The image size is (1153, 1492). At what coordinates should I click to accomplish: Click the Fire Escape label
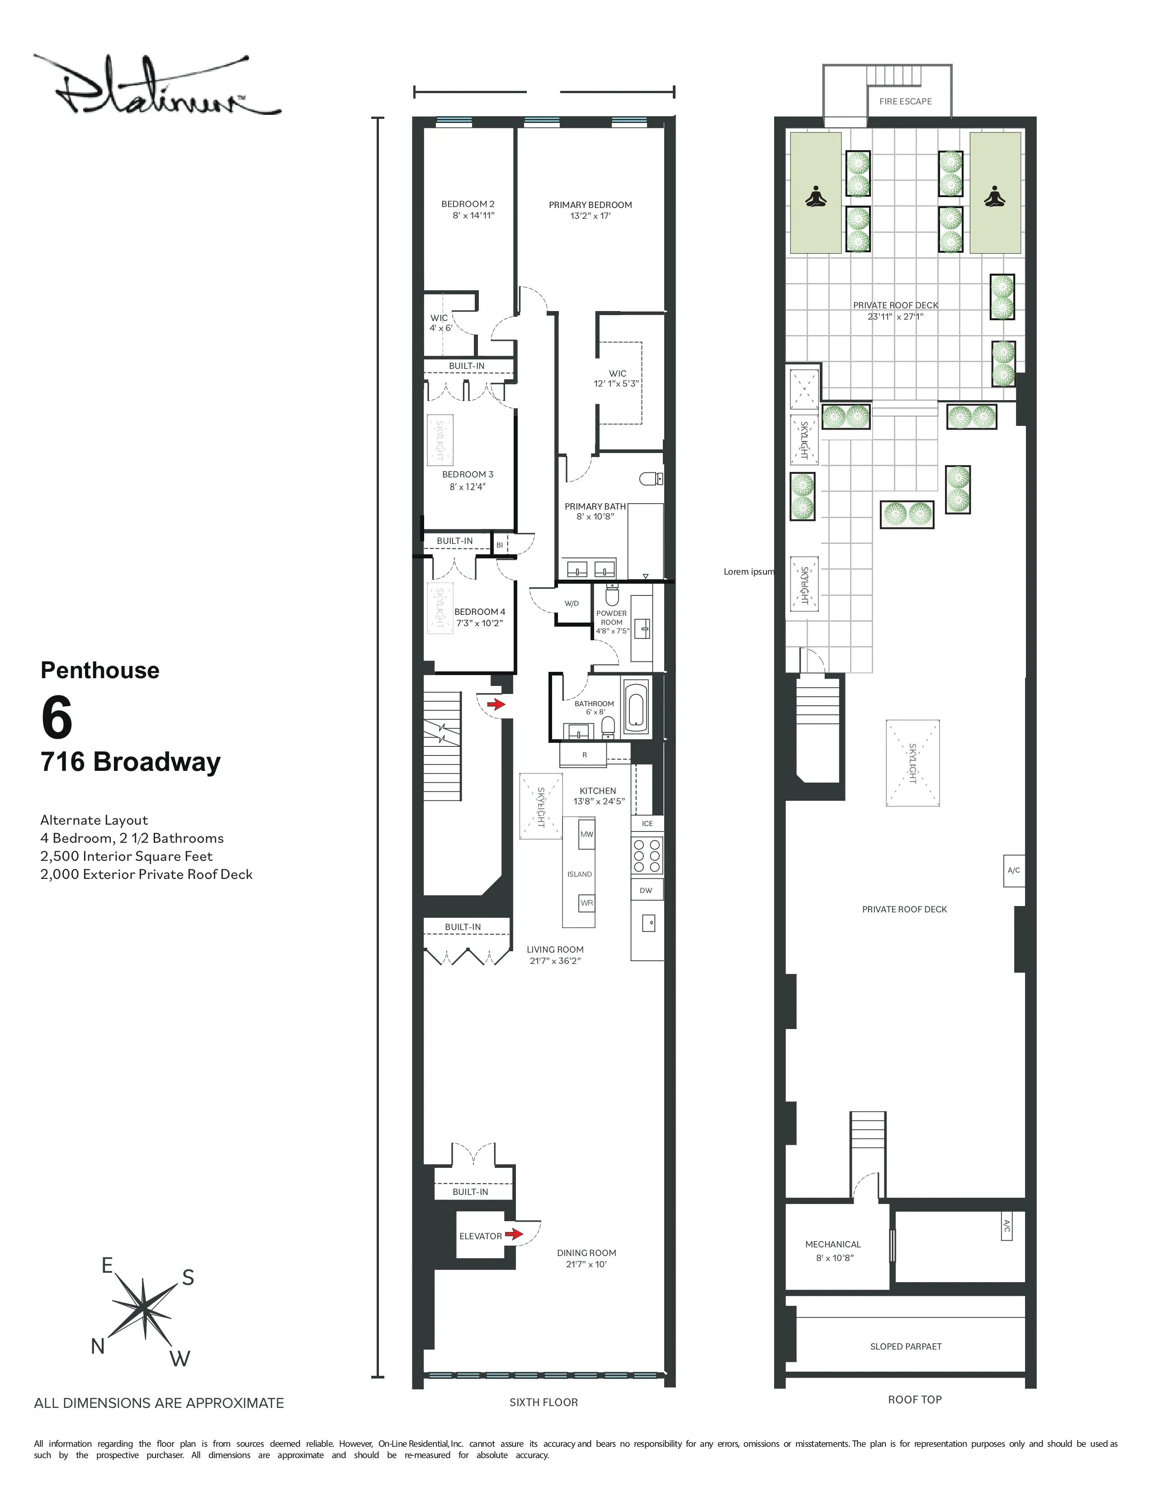point(905,101)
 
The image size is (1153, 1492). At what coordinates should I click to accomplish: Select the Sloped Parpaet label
point(905,1346)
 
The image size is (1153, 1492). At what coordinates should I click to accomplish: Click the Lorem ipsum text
point(749,572)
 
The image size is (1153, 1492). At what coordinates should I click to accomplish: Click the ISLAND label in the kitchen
point(579,874)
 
